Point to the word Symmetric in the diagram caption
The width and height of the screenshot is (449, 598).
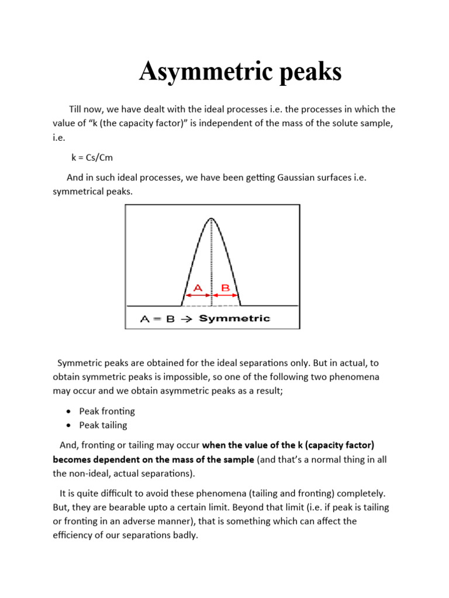click(234, 318)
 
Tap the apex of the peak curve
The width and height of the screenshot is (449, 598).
click(211, 219)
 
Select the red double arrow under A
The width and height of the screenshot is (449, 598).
click(196, 295)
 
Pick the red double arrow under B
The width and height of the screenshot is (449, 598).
click(225, 295)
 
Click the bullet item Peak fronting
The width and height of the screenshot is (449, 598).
click(107, 411)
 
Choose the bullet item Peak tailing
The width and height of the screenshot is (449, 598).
click(103, 425)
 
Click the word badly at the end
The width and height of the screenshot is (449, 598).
click(186, 534)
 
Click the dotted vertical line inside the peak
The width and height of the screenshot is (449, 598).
click(211, 263)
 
